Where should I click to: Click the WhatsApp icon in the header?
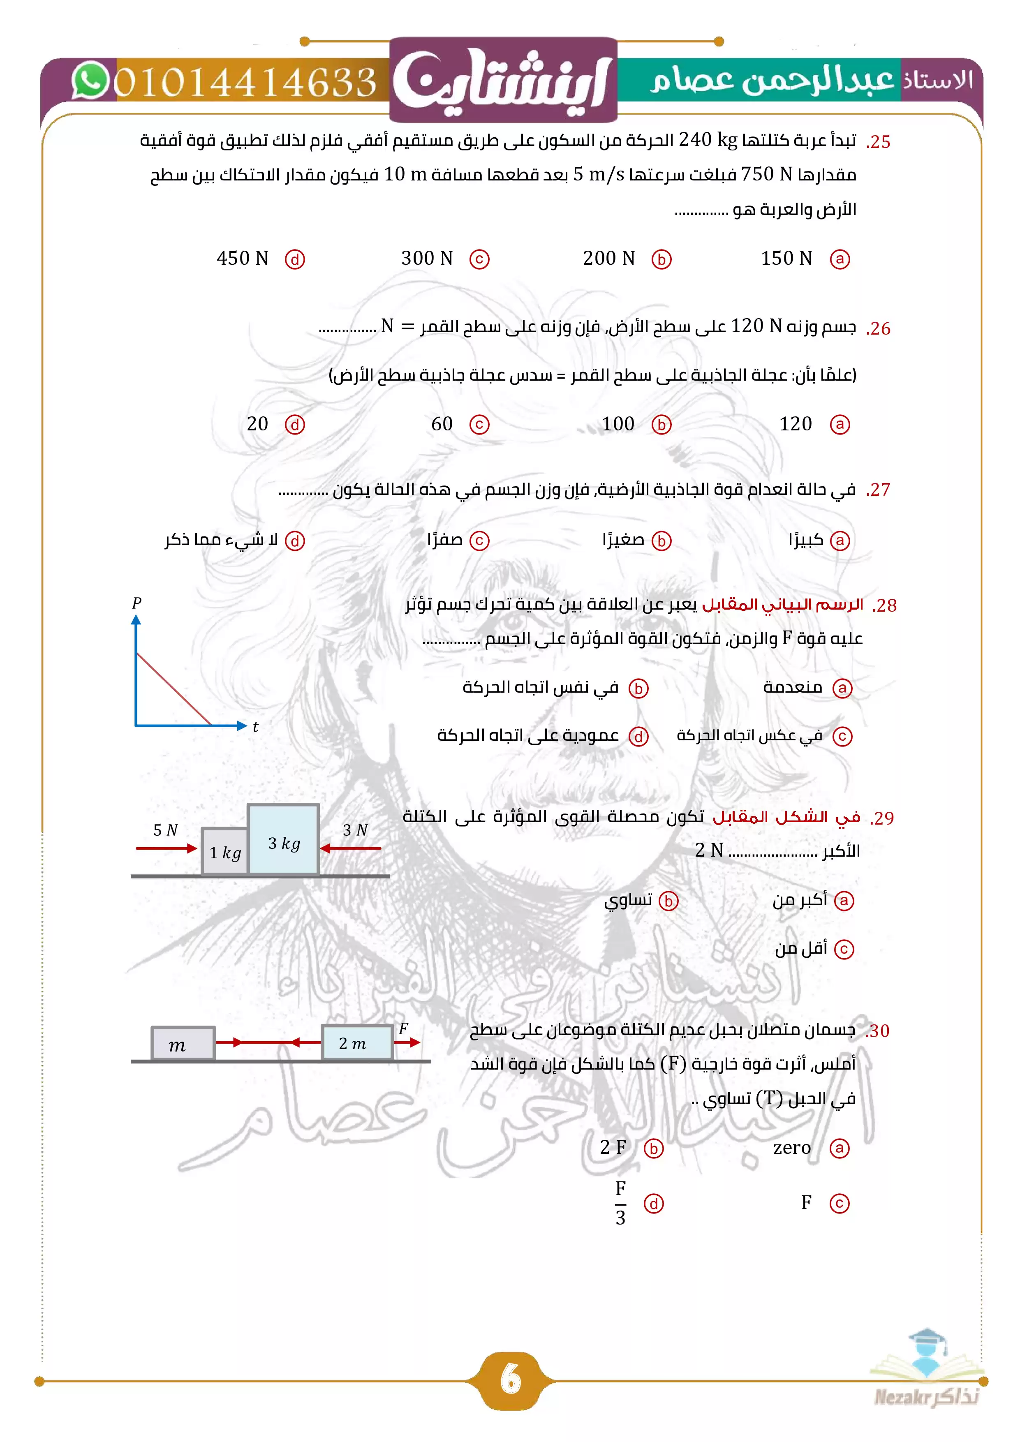click(90, 81)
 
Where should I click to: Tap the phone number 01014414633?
click(245, 82)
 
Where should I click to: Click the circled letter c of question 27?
click(479, 541)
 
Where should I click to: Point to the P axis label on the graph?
click(137, 603)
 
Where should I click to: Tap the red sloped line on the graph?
click(174, 689)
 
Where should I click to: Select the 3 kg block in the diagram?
click(283, 840)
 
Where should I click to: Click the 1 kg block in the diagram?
click(225, 852)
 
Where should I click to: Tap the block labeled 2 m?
click(356, 1043)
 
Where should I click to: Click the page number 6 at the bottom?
click(510, 1380)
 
